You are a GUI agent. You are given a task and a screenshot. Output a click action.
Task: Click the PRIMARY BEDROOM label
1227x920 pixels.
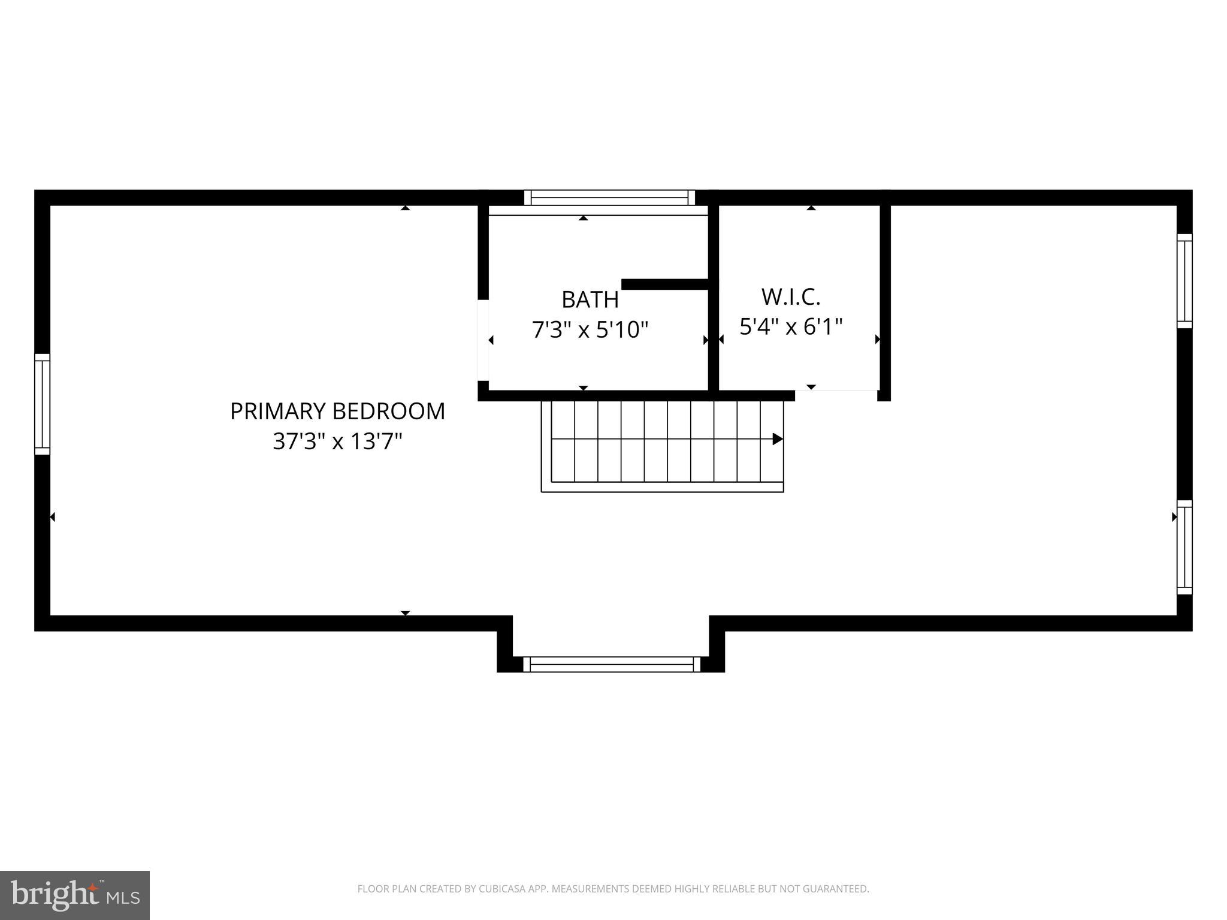click(x=337, y=411)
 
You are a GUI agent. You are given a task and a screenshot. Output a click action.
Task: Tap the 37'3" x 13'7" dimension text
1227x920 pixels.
click(x=337, y=442)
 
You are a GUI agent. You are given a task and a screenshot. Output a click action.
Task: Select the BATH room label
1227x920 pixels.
click(x=590, y=299)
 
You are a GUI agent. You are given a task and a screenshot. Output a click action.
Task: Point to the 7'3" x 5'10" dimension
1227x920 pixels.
click(x=590, y=329)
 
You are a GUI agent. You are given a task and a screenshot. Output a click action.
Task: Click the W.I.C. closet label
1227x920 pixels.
click(x=790, y=296)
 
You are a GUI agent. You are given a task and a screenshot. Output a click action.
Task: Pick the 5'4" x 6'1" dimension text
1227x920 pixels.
click(x=791, y=327)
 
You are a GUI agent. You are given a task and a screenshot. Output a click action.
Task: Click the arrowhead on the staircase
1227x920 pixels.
click(x=778, y=439)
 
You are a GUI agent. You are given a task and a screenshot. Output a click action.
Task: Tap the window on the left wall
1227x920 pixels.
click(x=42, y=404)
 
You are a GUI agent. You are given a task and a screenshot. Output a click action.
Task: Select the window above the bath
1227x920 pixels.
click(x=609, y=198)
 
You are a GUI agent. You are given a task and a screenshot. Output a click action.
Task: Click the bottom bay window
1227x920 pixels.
click(x=612, y=664)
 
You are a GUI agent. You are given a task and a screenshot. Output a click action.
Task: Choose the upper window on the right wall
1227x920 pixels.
click(x=1184, y=281)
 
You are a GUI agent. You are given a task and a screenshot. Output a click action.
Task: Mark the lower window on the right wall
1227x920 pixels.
click(x=1184, y=547)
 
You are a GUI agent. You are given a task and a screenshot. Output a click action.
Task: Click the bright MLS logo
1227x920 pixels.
click(x=75, y=895)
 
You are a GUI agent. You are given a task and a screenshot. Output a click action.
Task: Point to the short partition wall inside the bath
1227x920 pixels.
click(x=665, y=284)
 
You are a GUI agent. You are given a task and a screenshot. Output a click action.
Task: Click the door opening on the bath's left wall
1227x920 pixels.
click(x=483, y=340)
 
